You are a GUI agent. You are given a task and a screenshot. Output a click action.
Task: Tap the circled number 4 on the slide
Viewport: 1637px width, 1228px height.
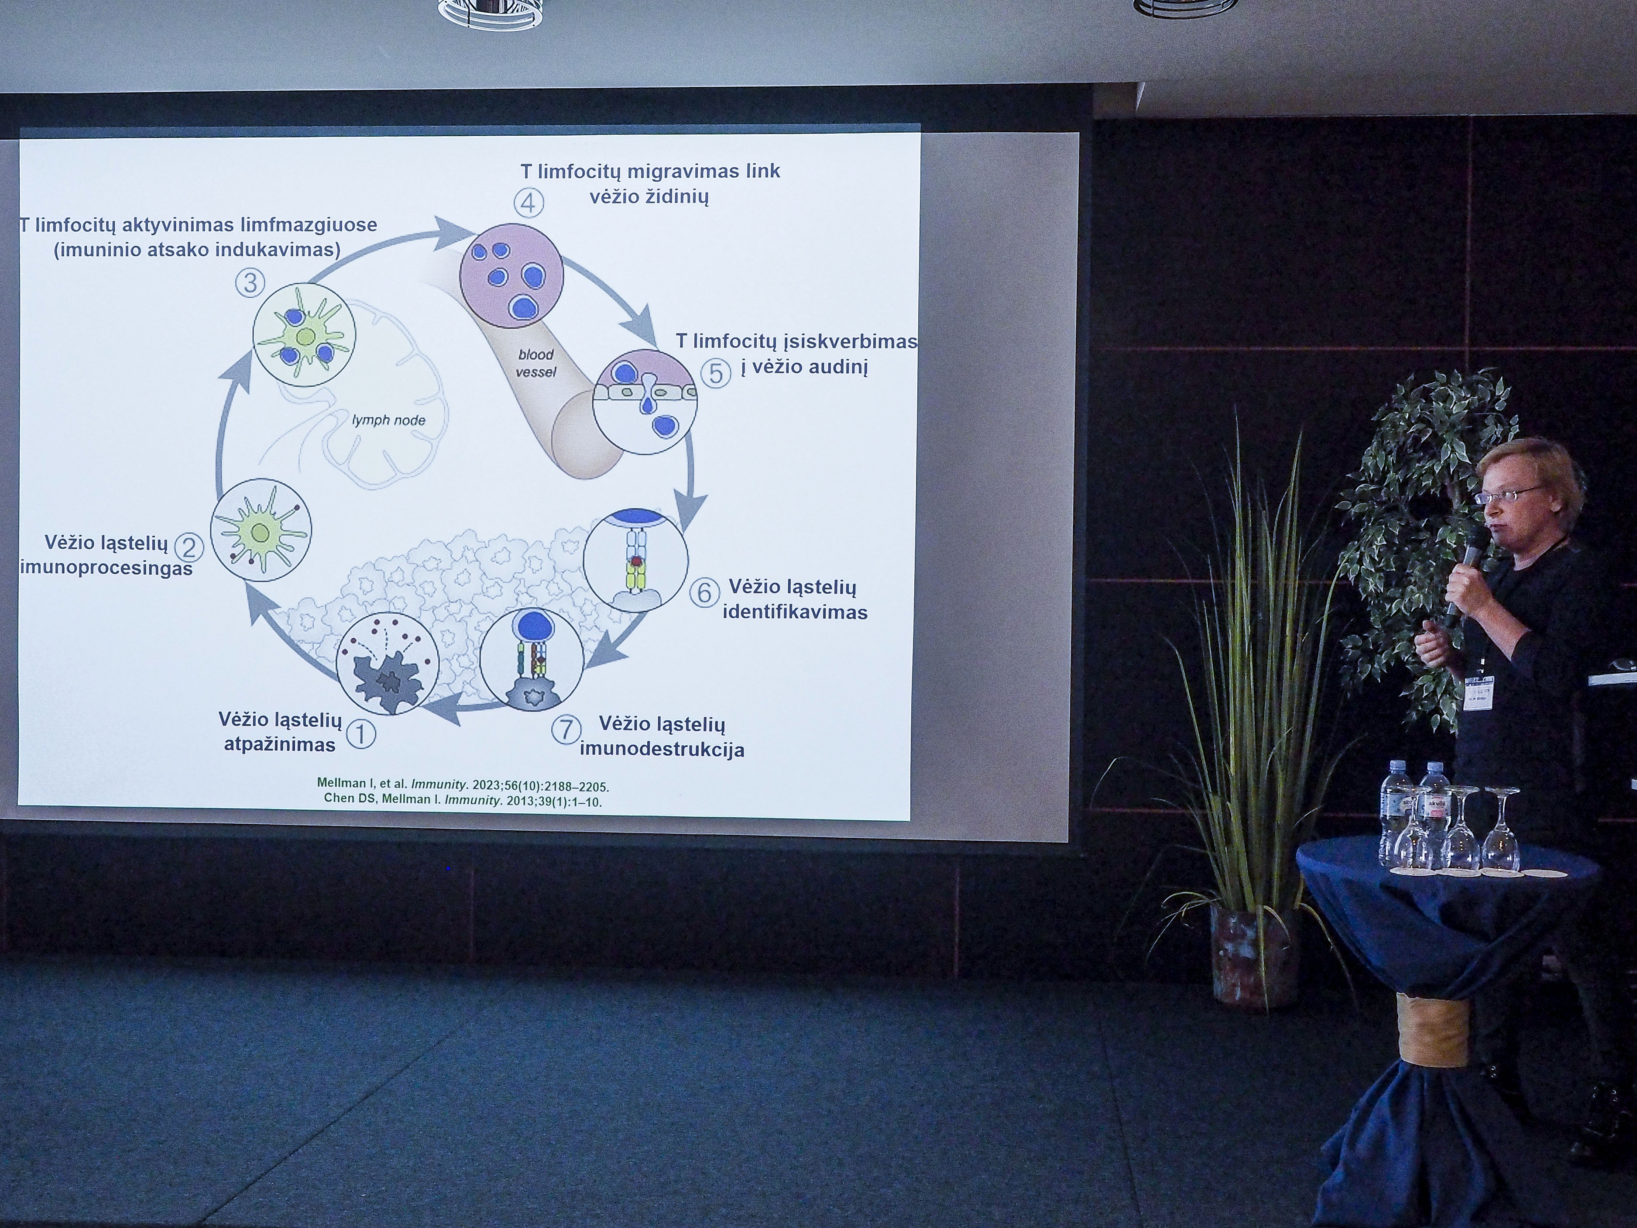(529, 202)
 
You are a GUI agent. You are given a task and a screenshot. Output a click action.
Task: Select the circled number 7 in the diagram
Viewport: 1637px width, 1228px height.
(566, 729)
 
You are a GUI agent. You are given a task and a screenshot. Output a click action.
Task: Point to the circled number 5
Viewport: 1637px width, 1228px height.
(716, 372)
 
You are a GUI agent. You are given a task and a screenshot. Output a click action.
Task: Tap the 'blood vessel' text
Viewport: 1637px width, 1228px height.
(536, 363)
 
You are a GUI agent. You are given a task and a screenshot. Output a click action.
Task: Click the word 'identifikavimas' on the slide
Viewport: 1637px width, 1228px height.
(795, 612)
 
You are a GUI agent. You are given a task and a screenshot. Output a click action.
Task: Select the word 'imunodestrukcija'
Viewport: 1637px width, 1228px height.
(662, 749)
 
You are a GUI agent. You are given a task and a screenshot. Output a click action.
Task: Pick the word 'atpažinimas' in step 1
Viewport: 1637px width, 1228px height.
(280, 745)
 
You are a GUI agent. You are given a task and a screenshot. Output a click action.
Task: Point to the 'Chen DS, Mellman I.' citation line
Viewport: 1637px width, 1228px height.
(463, 800)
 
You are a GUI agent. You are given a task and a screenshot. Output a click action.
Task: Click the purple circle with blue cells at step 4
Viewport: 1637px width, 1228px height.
(511, 276)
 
